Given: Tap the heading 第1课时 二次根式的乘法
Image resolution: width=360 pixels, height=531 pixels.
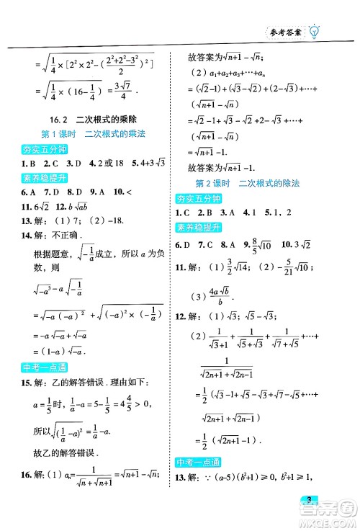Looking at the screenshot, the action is point(91,135).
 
